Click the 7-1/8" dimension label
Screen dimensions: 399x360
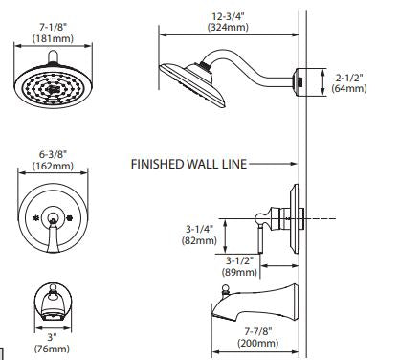[53, 27]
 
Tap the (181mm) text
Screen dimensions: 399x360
[53, 38]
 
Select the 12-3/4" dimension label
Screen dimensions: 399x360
[229, 16]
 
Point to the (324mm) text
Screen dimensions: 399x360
[228, 27]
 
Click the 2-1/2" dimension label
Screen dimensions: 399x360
[349, 78]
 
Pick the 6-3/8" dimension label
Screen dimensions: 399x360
[53, 155]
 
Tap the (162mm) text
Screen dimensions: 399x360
[53, 166]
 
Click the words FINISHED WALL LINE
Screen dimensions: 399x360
[189, 164]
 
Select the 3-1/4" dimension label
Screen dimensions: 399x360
[199, 229]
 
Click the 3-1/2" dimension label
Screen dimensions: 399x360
[239, 260]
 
